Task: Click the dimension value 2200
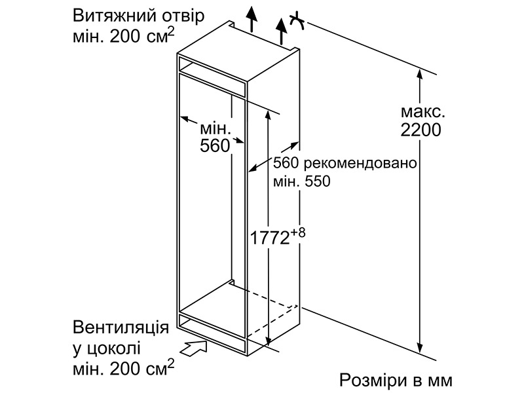click(421, 130)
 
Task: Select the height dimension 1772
click(270, 238)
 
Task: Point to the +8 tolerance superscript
click(298, 233)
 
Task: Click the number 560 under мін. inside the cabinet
click(215, 145)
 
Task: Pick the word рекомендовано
click(359, 163)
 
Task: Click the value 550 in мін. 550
click(318, 181)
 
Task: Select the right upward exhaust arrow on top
click(282, 31)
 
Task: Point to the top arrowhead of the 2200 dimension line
click(420, 74)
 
